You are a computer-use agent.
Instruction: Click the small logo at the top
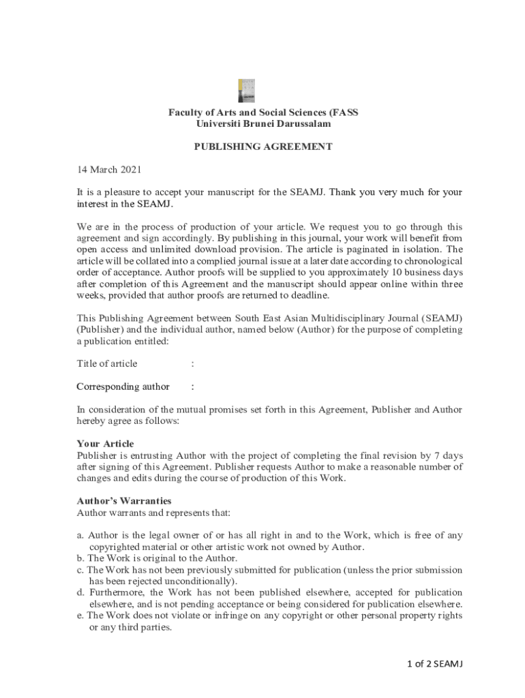(x=246, y=91)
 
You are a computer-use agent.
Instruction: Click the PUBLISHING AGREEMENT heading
(x=263, y=146)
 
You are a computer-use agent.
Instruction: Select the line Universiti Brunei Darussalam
(x=263, y=123)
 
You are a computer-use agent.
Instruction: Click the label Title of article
(x=107, y=363)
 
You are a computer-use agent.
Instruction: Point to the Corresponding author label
(x=123, y=386)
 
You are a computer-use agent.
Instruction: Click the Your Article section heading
(x=105, y=444)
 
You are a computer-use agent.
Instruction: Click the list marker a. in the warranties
(x=80, y=536)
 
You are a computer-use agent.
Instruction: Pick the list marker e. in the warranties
(x=80, y=616)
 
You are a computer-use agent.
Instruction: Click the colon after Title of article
(x=193, y=363)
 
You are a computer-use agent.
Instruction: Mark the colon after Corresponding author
(x=193, y=386)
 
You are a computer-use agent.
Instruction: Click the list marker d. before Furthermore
(x=80, y=592)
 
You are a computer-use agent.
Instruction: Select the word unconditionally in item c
(x=202, y=581)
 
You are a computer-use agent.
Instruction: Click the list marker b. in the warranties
(x=80, y=558)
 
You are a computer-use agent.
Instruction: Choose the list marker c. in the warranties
(x=80, y=570)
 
